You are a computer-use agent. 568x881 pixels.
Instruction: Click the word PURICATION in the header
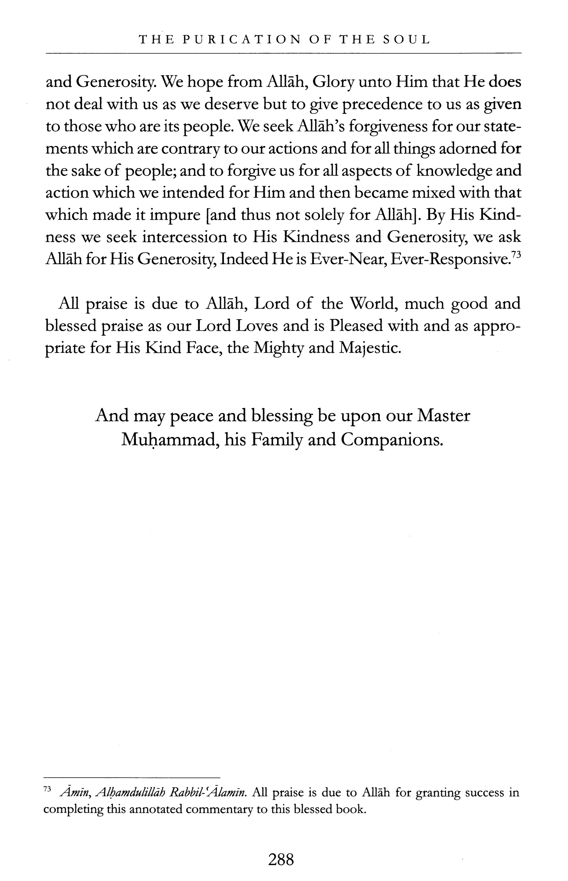tap(242, 40)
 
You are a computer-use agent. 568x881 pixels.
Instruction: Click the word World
tap(373, 304)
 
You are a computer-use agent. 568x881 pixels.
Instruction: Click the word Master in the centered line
tap(443, 416)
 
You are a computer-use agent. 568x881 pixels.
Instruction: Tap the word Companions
tap(392, 440)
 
